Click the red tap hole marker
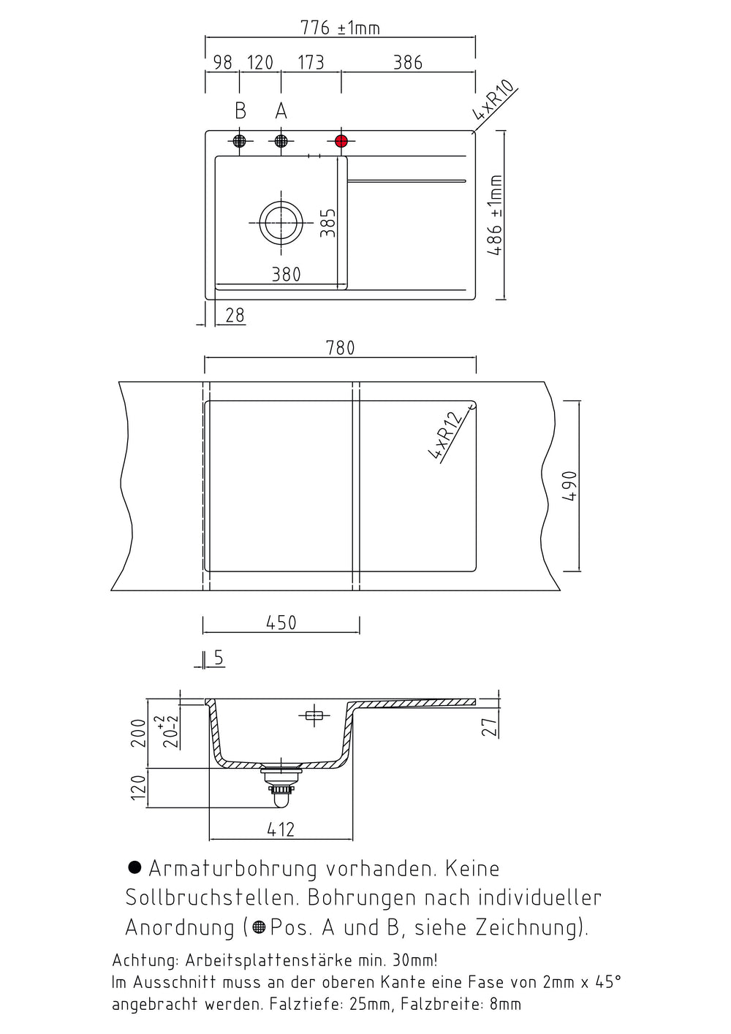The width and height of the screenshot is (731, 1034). click(x=341, y=141)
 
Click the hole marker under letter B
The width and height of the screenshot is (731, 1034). click(x=239, y=141)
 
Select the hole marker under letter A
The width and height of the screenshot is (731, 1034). click(x=281, y=141)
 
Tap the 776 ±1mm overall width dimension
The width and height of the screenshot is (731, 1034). click(x=341, y=28)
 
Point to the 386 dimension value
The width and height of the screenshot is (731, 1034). click(x=408, y=63)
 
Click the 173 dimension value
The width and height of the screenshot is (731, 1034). click(x=311, y=63)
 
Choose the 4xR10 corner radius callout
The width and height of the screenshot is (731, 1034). click(x=493, y=100)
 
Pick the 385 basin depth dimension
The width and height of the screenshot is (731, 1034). click(x=328, y=223)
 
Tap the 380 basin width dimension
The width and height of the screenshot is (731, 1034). click(x=287, y=275)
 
